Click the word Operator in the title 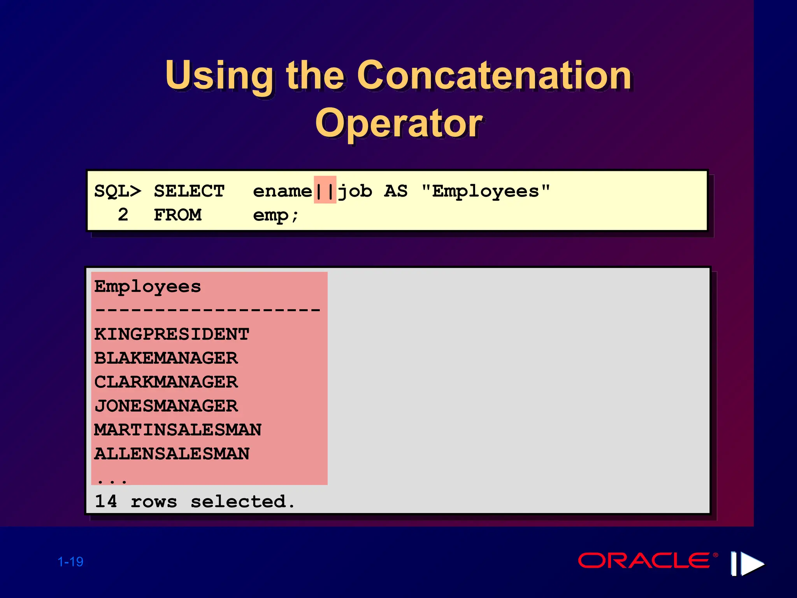(398, 124)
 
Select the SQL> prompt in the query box (118, 191)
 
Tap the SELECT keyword (189, 191)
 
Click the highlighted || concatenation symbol (325, 191)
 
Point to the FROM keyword (177, 215)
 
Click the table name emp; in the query (276, 215)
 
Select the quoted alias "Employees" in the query (486, 191)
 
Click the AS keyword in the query (396, 191)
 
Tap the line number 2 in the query (123, 215)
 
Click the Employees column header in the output (147, 287)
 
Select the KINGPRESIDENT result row (172, 334)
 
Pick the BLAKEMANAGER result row (166, 358)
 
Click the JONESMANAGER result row (166, 406)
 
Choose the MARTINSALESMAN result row (178, 430)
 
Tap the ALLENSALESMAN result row (172, 454)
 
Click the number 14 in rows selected (106, 501)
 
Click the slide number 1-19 (70, 562)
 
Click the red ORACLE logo (644, 561)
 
